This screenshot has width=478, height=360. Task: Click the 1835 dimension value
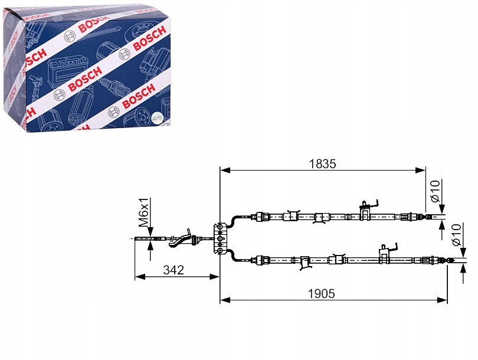pos(322,164)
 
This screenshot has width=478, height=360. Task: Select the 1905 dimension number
pos(321,293)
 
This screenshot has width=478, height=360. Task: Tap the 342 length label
pos(173,270)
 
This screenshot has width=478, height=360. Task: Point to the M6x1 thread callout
pos(143,212)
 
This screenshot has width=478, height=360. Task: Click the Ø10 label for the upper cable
pos(436,191)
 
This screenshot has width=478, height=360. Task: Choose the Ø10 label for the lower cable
pos(457,235)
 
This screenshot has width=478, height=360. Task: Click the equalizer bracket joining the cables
pos(220,238)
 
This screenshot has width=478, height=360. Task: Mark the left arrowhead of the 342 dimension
pos(140,277)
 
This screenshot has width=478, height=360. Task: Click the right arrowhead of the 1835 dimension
pos(420,170)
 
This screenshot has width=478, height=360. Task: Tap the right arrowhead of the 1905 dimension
pos(442,300)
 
